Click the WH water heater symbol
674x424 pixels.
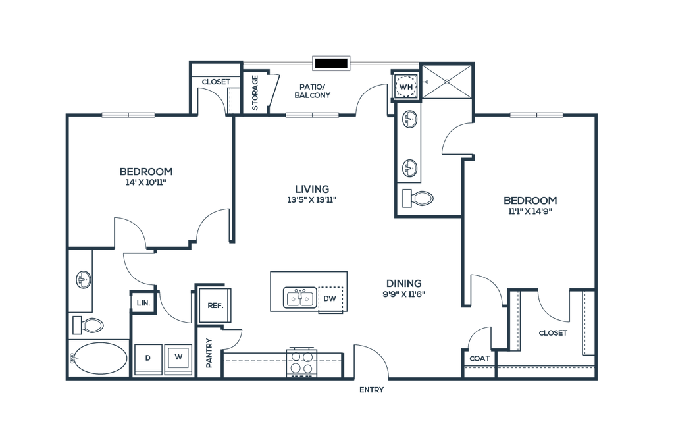pos(405,86)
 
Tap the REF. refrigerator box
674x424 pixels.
pos(215,305)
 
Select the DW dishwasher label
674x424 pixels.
pos(330,298)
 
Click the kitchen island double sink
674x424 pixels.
pos(300,298)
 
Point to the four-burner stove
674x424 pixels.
pos(301,362)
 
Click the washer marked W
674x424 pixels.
pos(178,358)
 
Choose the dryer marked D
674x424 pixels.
pos(148,358)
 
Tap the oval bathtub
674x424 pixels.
pos(99,359)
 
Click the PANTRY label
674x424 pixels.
pos(209,353)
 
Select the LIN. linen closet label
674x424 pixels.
pos(143,303)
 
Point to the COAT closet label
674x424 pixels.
pos(480,358)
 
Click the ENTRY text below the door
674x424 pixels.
pos(372,390)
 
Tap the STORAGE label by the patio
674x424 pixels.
pos(255,92)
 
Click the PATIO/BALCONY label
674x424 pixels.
pos(313,91)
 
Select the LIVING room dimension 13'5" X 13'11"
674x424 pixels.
pos(312,199)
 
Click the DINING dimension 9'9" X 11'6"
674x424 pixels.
pos(404,294)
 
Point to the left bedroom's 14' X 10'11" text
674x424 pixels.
pos(146,182)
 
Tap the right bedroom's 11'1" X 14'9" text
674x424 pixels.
pos(531,211)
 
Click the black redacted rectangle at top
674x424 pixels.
pos(331,63)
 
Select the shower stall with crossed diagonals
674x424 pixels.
pos(447,81)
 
